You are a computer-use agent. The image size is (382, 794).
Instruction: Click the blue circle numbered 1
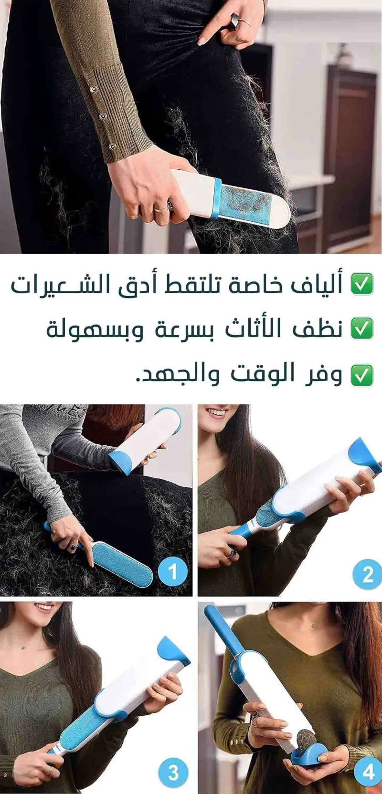[x=172, y=571]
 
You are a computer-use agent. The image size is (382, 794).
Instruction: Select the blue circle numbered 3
[x=173, y=772]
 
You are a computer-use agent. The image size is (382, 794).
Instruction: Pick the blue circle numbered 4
[x=368, y=772]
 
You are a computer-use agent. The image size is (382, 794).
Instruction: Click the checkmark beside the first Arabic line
[x=362, y=284]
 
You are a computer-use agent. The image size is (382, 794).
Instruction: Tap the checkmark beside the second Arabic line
[x=362, y=328]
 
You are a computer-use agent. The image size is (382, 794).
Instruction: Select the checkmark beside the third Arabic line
[x=362, y=375]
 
